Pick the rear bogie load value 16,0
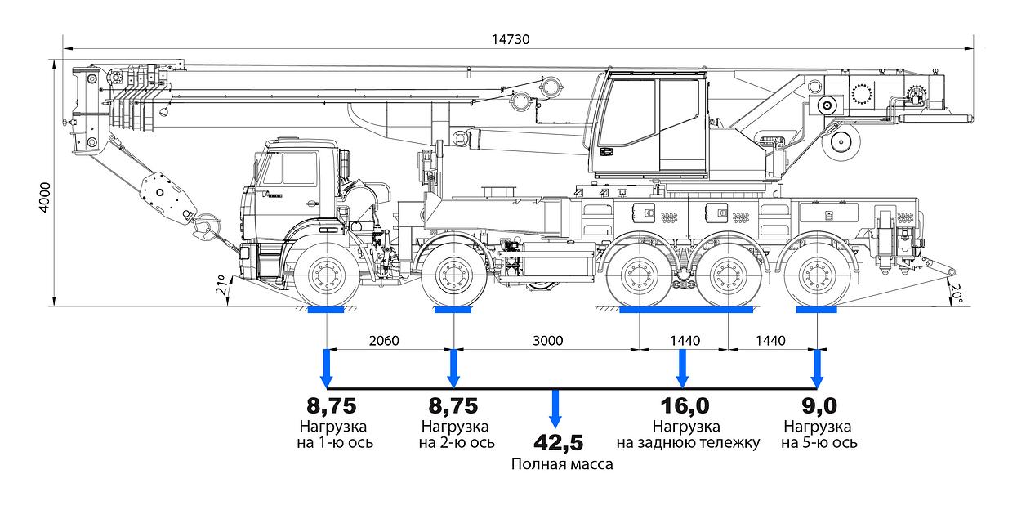pyautogui.click(x=685, y=406)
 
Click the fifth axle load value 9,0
pyautogui.click(x=819, y=406)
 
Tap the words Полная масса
pyautogui.click(x=562, y=464)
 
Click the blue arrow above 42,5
pyautogui.click(x=556, y=409)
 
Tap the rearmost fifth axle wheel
pyautogui.click(x=817, y=275)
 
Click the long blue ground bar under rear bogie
pyautogui.click(x=685, y=310)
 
